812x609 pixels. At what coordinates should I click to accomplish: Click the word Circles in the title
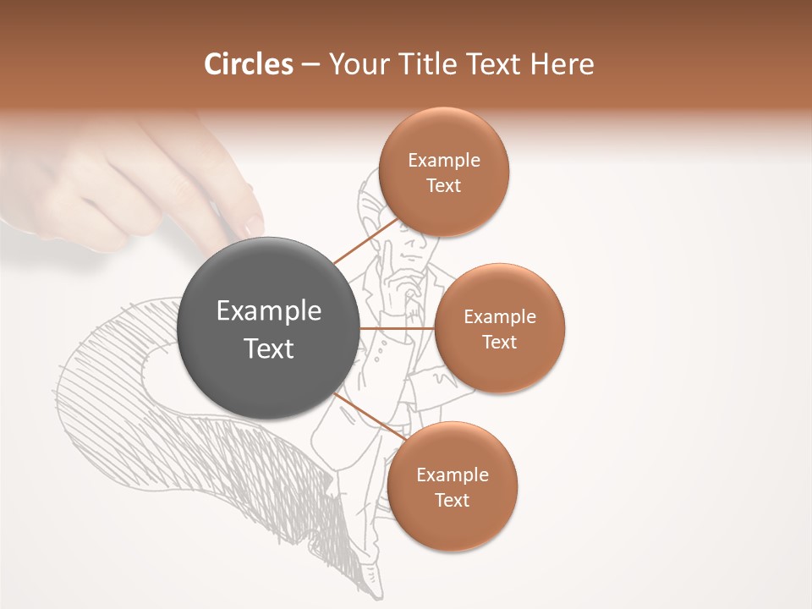click(x=248, y=64)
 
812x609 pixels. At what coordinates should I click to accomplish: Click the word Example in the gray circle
click(x=269, y=311)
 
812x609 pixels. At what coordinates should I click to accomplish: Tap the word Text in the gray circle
click(x=269, y=348)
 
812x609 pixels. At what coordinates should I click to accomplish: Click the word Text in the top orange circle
click(x=443, y=186)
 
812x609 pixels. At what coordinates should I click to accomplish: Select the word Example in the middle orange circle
click(x=500, y=317)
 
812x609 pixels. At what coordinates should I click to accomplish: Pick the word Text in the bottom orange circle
click(x=452, y=501)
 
